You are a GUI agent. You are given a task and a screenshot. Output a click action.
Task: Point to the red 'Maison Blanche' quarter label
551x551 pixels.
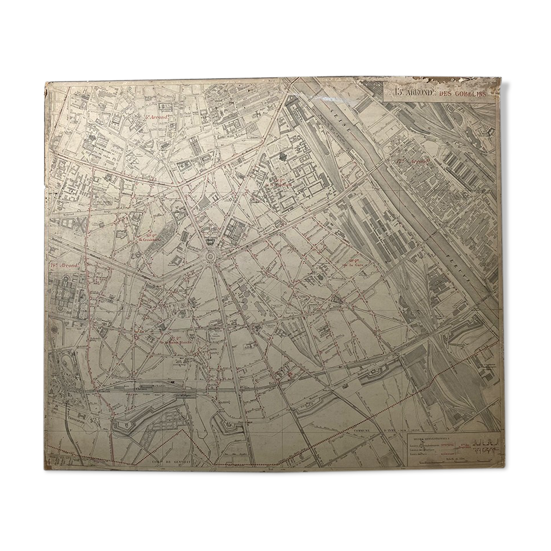[176, 341]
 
